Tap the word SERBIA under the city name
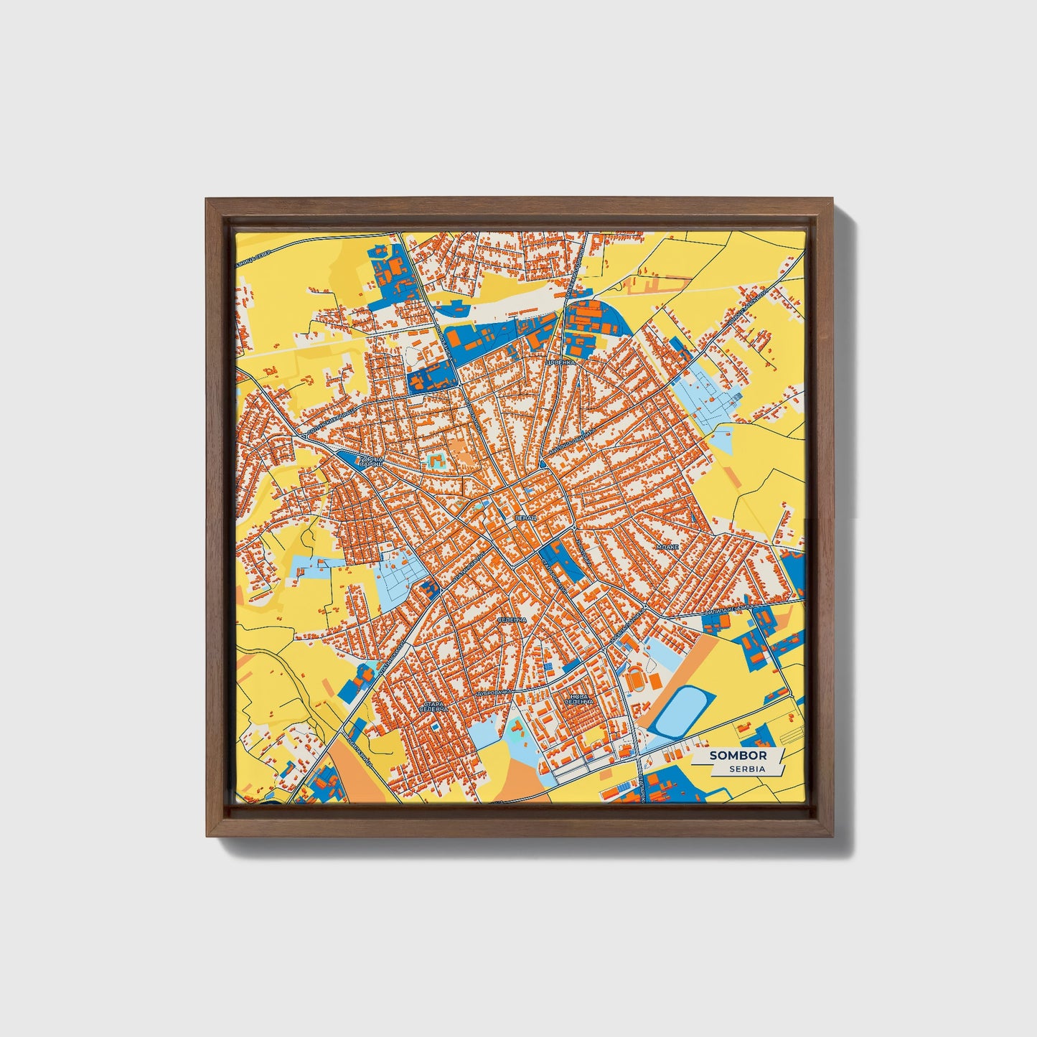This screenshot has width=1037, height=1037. click(x=746, y=769)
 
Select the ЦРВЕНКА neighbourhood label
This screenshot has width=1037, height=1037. click(x=560, y=363)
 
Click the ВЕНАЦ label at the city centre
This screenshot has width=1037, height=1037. click(x=522, y=517)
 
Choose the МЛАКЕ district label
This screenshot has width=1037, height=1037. click(x=667, y=546)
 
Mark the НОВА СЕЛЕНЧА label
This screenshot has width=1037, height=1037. click(x=578, y=699)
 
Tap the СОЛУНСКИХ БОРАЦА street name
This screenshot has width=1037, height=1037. click(x=330, y=424)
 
